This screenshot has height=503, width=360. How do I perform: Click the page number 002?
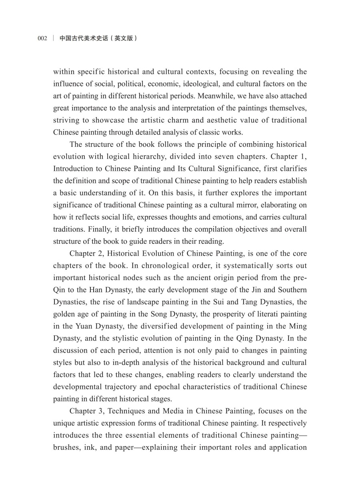[x=42, y=38]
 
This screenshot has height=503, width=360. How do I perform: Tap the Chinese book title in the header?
[x=98, y=38]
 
